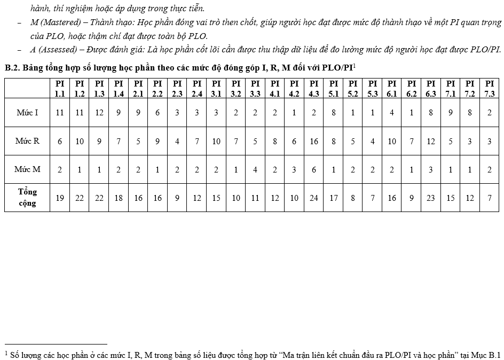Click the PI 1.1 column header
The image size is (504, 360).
(x=60, y=88)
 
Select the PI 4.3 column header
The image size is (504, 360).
(x=314, y=88)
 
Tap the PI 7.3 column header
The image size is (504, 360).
(x=490, y=88)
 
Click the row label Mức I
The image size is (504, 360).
(x=28, y=113)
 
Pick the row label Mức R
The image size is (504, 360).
(x=28, y=141)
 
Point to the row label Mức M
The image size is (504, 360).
(x=28, y=169)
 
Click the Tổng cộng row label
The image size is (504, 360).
(x=27, y=198)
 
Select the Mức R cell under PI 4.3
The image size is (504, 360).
(x=314, y=141)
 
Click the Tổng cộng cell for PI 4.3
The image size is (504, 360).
(x=314, y=198)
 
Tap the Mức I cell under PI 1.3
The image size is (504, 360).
(x=99, y=113)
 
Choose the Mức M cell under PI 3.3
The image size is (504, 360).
(x=255, y=169)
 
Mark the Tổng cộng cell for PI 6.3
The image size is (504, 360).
(x=431, y=198)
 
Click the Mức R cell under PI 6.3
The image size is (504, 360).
(x=431, y=141)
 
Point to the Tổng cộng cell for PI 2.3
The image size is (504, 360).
(x=177, y=198)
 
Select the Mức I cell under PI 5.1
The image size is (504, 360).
(x=334, y=113)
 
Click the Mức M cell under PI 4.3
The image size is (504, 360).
(x=314, y=169)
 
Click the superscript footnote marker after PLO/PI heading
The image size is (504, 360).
(x=354, y=65)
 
